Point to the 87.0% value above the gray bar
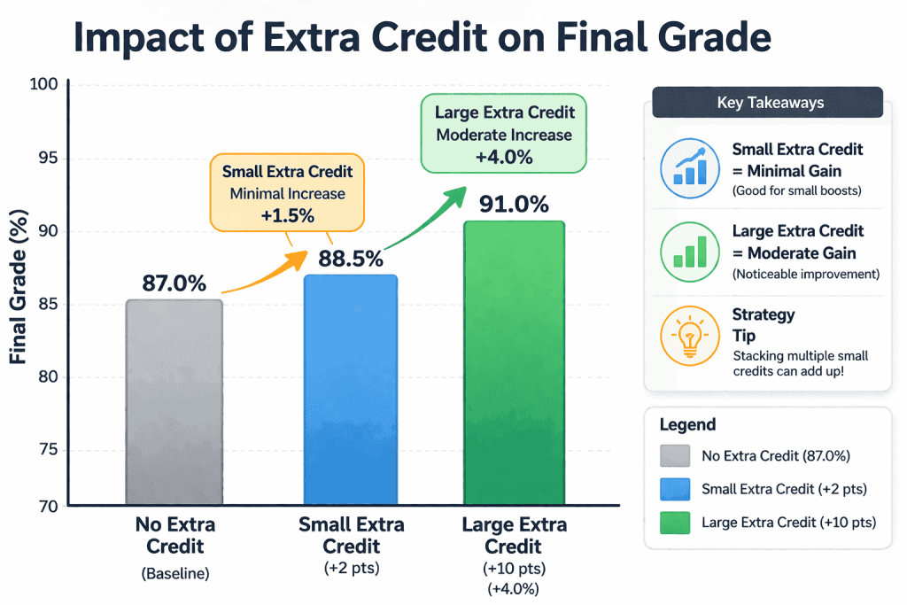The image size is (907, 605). (174, 283)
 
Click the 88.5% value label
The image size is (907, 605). (351, 259)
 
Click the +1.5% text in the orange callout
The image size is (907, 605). (287, 216)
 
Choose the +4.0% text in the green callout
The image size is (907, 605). (504, 158)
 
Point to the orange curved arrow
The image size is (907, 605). (266, 274)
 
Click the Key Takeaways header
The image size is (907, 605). (767, 103)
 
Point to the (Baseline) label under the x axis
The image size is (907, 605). (174, 573)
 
